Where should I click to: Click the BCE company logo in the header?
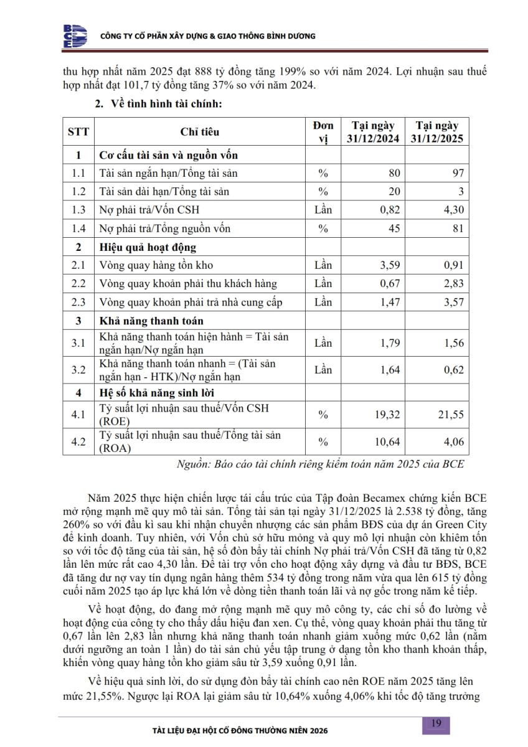(x=75, y=36)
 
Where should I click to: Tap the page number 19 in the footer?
(x=436, y=723)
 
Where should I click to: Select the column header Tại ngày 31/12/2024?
(x=373, y=132)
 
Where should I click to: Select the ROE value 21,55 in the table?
(x=450, y=414)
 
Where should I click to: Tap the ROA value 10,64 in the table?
(x=386, y=442)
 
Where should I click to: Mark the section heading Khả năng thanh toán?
(x=151, y=321)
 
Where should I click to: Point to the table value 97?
(x=458, y=173)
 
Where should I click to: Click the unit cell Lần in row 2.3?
(x=323, y=303)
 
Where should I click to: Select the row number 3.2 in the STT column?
(x=78, y=370)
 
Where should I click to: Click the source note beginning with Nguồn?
(x=321, y=464)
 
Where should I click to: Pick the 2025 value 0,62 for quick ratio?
(x=451, y=370)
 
